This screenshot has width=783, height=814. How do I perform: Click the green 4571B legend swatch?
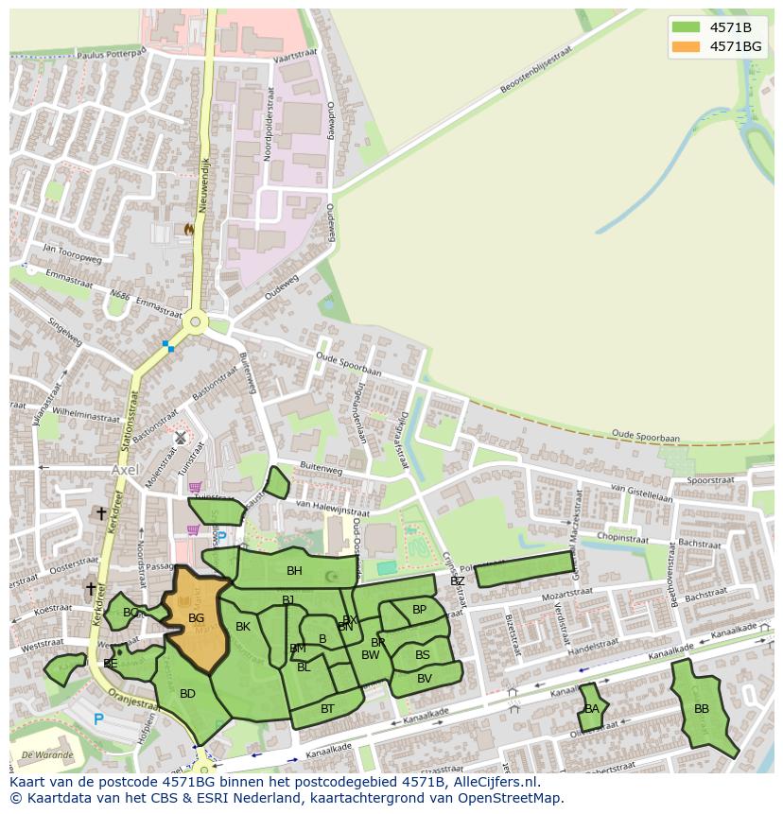pyautogui.click(x=686, y=27)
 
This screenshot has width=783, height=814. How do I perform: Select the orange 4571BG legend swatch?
pyautogui.click(x=686, y=46)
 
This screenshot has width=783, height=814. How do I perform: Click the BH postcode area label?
pyautogui.click(x=294, y=571)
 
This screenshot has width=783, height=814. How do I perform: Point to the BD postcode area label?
pyautogui.click(x=187, y=694)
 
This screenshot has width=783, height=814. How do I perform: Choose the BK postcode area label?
pyautogui.click(x=243, y=627)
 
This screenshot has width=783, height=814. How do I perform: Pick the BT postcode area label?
pyautogui.click(x=327, y=708)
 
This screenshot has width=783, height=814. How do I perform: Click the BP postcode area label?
pyautogui.click(x=419, y=610)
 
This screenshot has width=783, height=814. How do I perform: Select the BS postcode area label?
pyautogui.click(x=422, y=655)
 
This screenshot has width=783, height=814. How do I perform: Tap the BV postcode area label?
pyautogui.click(x=424, y=679)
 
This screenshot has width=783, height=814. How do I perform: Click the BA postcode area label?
pyautogui.click(x=591, y=709)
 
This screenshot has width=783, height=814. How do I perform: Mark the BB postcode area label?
pyautogui.click(x=701, y=709)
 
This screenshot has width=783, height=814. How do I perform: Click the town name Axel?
pyautogui.click(x=124, y=469)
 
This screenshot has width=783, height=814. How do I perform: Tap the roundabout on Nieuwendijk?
pyautogui.click(x=196, y=322)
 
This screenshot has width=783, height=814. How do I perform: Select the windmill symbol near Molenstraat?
pyautogui.click(x=180, y=438)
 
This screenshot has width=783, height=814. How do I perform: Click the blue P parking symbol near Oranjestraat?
pyautogui.click(x=98, y=719)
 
